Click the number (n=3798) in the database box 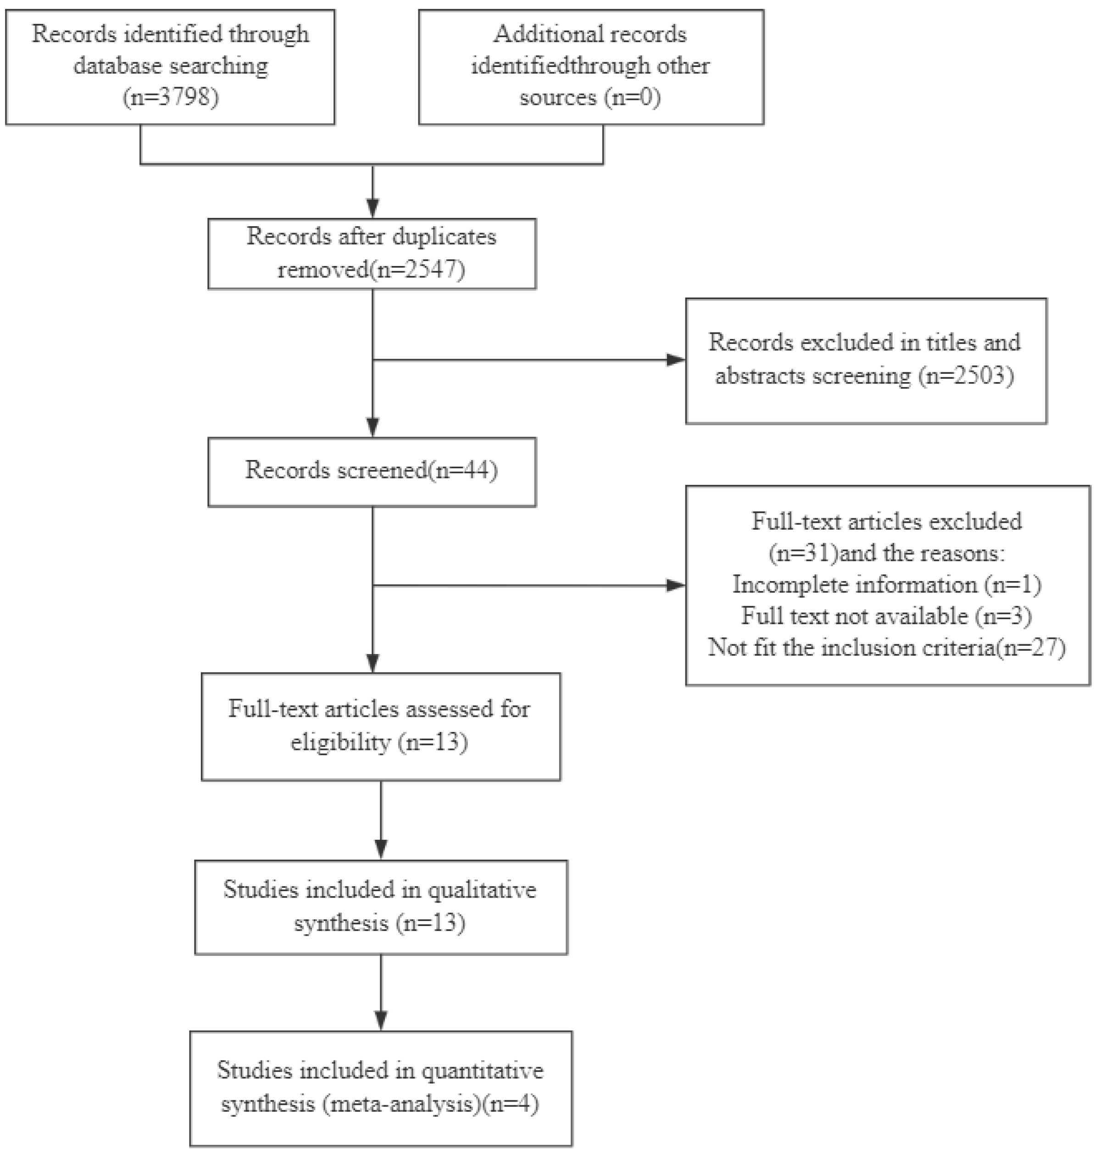[x=171, y=96]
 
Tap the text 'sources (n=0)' [x=590, y=96]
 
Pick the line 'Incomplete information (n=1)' [x=887, y=585]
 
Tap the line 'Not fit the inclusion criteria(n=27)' [x=887, y=648]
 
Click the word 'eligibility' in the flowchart [x=340, y=742]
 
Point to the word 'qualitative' [x=482, y=890]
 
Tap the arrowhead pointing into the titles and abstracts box [x=676, y=360]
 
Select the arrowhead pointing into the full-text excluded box [x=676, y=585]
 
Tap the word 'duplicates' [x=444, y=236]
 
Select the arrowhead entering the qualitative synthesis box [x=381, y=849]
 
